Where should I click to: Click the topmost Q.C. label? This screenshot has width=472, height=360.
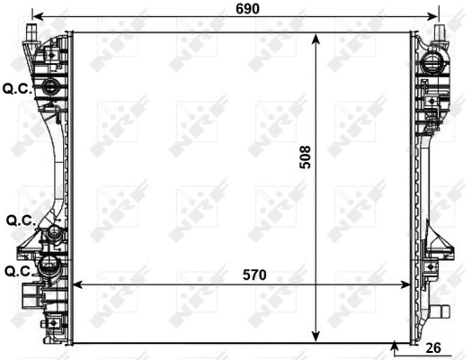tap(16, 88)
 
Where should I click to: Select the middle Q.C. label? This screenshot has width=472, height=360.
tap(20, 220)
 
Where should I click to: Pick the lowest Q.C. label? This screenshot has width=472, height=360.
tap(20, 270)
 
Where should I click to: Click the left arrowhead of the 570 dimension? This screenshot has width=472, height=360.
tap(76, 284)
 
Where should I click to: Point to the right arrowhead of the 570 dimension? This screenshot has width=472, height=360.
tap(407, 284)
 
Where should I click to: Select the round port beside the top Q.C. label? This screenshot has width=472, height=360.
tap(50, 86)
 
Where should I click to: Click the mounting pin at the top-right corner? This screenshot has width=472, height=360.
tap(441, 32)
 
